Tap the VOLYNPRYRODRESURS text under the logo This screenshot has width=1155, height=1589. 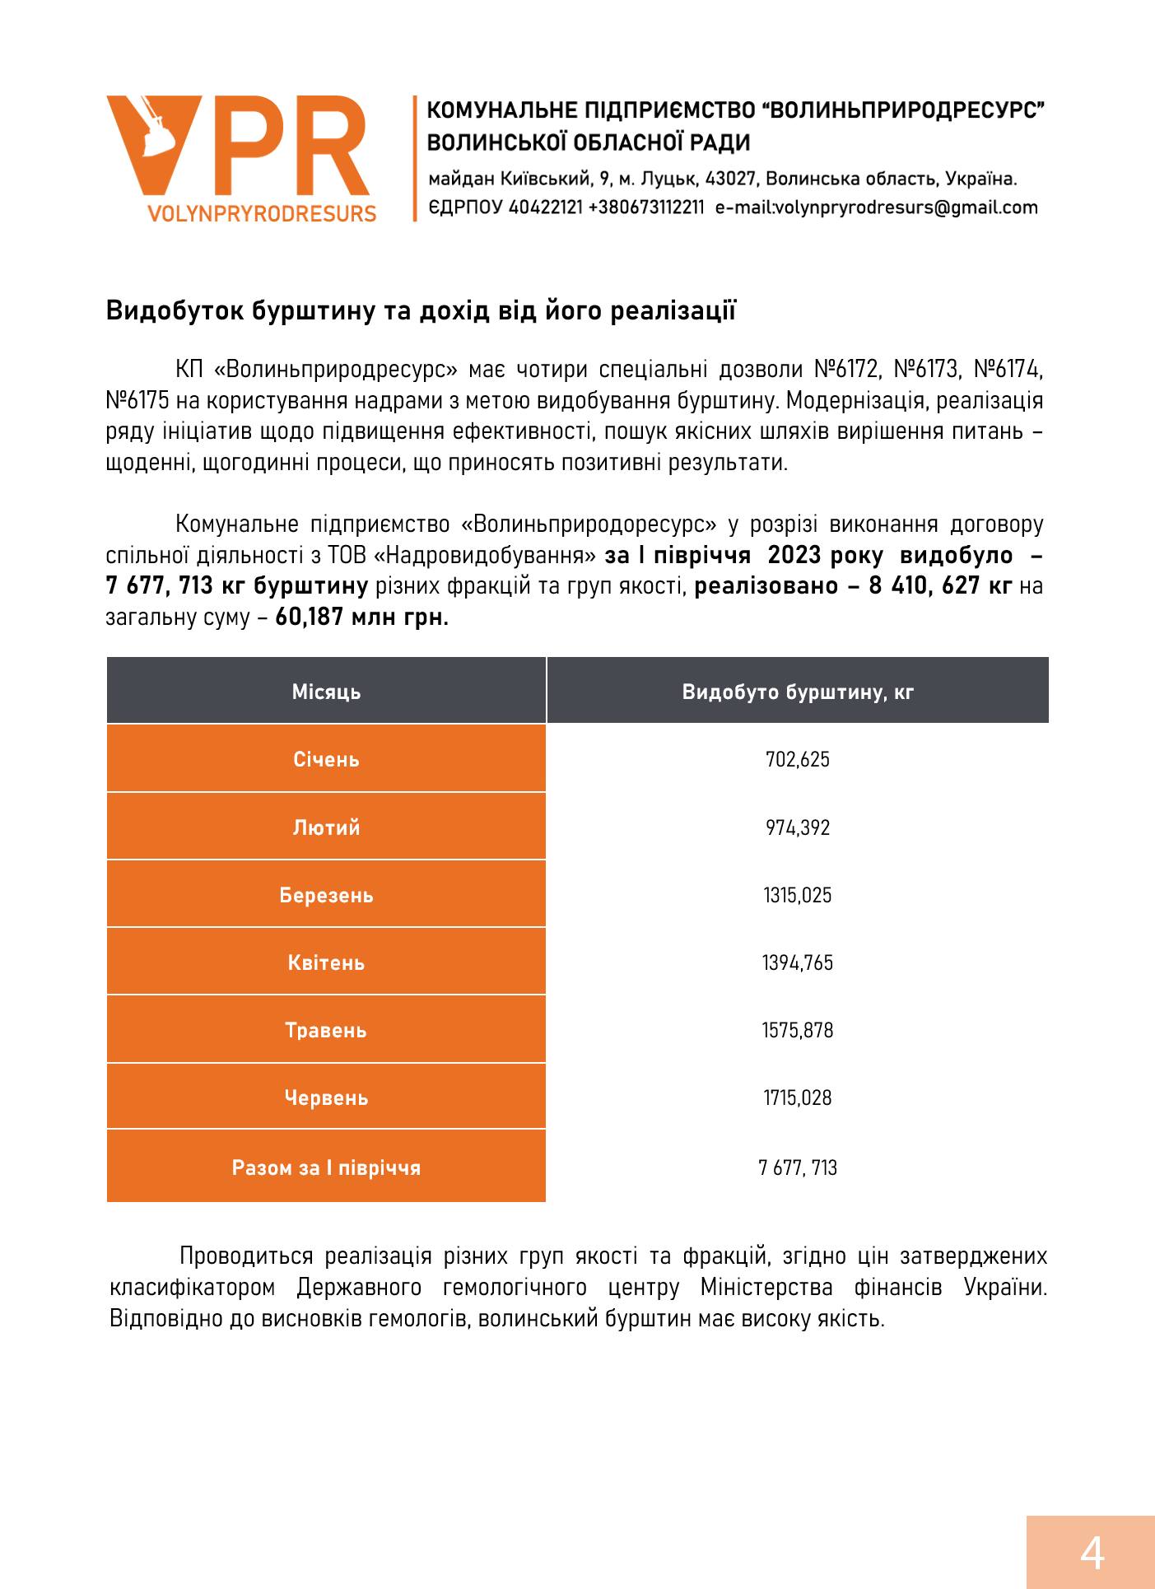[x=262, y=213]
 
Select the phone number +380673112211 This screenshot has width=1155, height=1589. [x=646, y=207]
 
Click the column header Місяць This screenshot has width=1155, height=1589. [x=326, y=692]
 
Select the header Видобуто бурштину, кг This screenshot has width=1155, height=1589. [x=798, y=692]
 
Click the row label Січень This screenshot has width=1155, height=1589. [x=326, y=759]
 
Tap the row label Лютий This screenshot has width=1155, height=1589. [x=326, y=827]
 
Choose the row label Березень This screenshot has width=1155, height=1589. [x=326, y=895]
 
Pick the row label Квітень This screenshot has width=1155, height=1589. [x=326, y=962]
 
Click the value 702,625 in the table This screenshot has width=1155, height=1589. [x=798, y=759]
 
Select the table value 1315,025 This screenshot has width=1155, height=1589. [x=798, y=895]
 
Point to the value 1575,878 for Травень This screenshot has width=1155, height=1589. [x=798, y=1030]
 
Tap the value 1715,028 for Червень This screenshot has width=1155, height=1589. [x=798, y=1097]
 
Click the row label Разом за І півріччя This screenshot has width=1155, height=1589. [x=326, y=1167]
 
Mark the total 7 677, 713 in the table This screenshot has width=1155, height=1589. [x=798, y=1167]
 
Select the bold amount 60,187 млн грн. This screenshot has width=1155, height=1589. [x=362, y=617]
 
